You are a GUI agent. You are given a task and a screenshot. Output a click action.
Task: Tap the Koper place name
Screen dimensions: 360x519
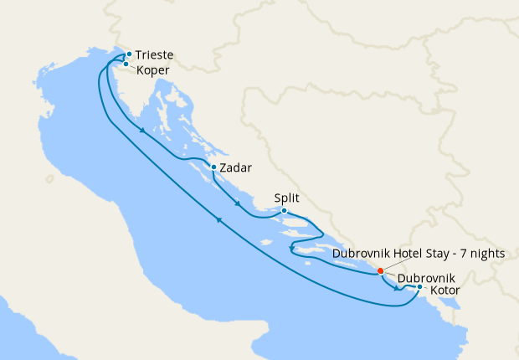tap(153, 70)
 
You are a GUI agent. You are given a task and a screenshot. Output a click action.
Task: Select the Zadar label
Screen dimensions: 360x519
tap(237, 167)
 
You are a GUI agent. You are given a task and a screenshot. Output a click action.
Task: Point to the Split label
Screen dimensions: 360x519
tap(285, 198)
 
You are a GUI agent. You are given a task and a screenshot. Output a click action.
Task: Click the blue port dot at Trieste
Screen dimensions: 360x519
tap(129, 54)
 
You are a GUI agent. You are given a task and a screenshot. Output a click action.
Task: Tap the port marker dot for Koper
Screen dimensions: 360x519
tap(126, 64)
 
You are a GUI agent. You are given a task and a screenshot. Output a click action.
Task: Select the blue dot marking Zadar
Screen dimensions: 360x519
tap(214, 167)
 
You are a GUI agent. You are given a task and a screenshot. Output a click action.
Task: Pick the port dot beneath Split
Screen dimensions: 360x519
tap(285, 211)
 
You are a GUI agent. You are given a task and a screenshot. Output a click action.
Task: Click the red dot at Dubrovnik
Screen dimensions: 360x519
tap(381, 270)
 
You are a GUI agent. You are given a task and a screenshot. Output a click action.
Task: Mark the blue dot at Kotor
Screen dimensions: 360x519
tap(419, 288)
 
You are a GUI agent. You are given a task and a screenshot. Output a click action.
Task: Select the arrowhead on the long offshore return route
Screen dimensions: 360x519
tap(219, 220)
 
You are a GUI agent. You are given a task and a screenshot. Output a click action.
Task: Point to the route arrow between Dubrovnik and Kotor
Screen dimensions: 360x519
tap(396, 289)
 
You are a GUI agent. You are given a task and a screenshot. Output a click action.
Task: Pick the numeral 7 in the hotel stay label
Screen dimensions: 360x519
tap(462, 254)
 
